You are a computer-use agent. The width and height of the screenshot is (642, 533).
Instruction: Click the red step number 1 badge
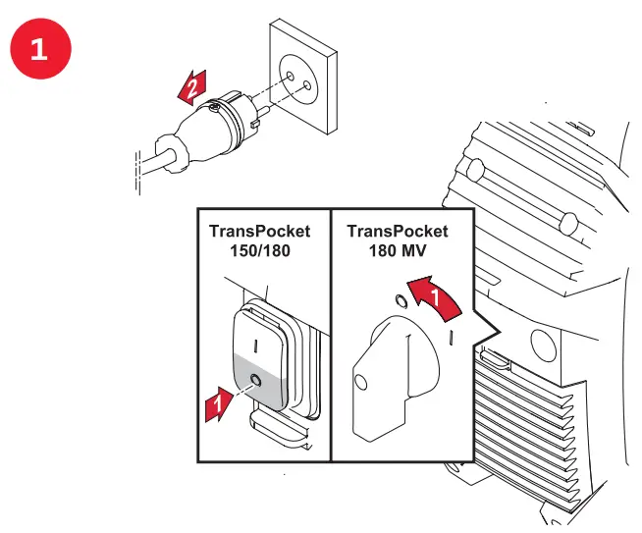[38, 50]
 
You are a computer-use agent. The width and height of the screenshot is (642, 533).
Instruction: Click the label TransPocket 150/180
[259, 240]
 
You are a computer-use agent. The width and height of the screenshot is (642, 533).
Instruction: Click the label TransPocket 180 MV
[398, 240]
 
